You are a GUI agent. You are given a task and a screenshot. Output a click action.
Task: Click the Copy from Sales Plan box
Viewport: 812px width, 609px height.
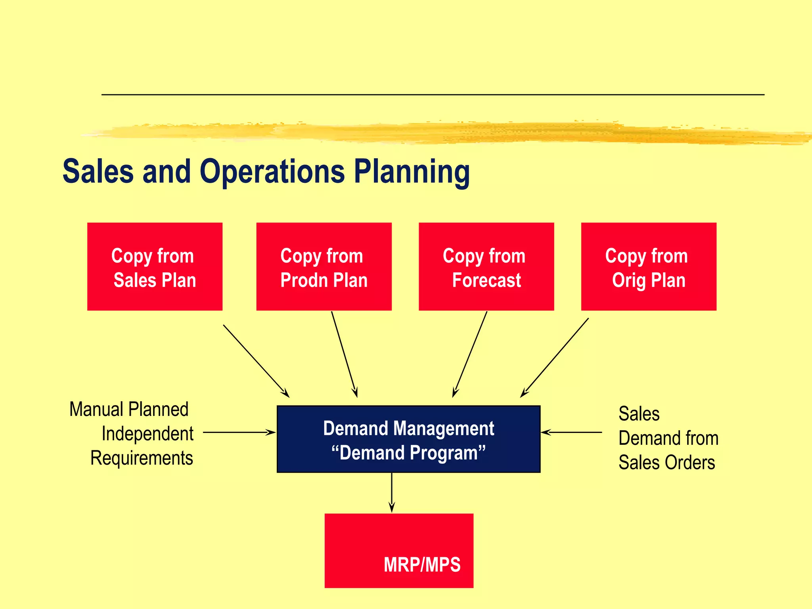(155, 266)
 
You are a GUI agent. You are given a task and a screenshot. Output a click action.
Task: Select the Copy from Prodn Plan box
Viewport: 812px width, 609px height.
(324, 266)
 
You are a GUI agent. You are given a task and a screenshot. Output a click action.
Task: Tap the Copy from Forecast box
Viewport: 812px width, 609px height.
(486, 266)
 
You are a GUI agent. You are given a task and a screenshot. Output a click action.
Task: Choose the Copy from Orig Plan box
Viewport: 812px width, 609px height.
(649, 266)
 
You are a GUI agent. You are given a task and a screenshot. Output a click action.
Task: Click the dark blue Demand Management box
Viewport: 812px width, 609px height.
(408, 439)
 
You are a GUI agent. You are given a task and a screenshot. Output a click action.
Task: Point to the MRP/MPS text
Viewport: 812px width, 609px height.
(422, 565)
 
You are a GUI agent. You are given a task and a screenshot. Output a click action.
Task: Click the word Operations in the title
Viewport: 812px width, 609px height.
(272, 171)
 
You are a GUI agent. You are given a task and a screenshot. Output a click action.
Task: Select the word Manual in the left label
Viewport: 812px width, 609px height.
(96, 410)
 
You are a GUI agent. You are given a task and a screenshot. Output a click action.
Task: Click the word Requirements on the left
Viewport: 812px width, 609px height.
(142, 458)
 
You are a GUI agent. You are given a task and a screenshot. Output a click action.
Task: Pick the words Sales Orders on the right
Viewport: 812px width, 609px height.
(666, 463)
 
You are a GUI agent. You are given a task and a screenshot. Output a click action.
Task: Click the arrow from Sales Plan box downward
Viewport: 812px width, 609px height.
(256, 360)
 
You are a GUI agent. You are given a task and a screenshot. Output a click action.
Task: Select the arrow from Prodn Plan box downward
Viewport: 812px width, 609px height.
(344, 354)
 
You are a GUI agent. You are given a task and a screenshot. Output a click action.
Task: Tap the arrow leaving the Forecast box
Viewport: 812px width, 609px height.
(470, 354)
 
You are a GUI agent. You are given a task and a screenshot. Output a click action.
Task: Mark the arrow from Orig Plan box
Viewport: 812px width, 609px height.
(555, 357)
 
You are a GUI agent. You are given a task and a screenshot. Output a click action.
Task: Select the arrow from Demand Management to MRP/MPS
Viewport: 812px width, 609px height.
(392, 492)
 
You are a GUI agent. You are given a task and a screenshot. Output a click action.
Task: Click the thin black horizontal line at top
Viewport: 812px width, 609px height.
(432, 95)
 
